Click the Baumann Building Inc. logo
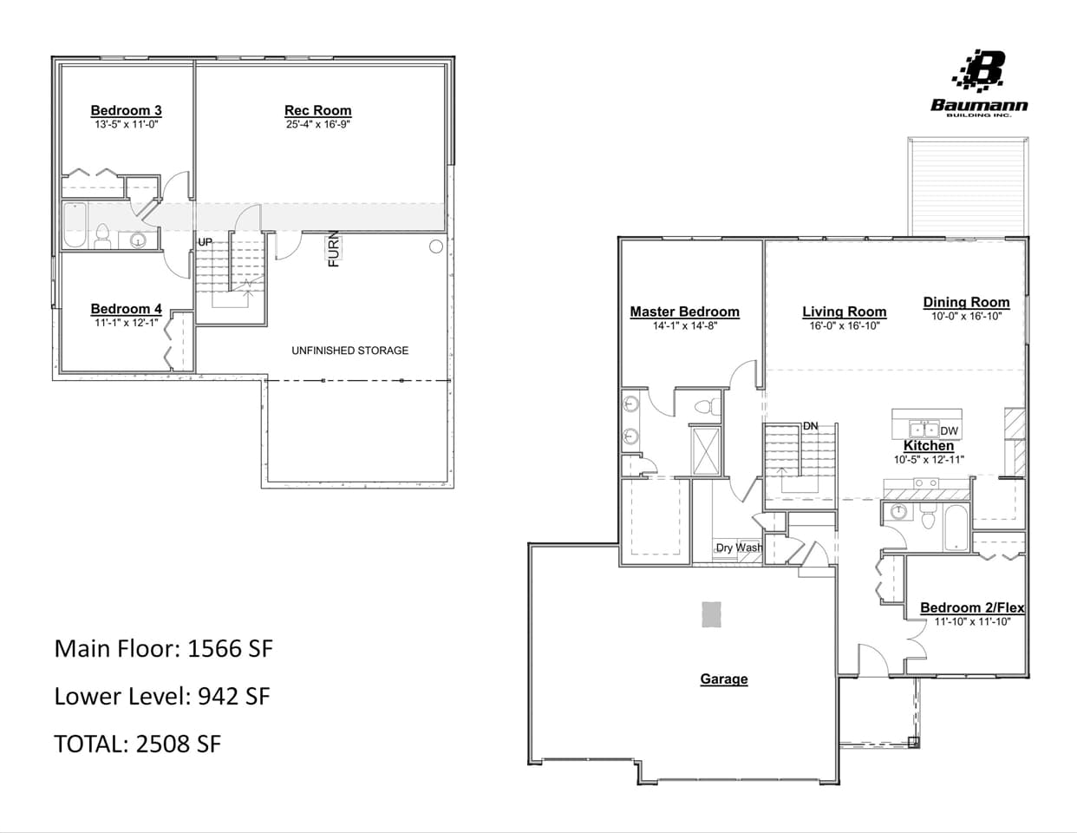[x=979, y=82]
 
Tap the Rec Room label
[x=318, y=110]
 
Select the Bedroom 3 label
[x=126, y=110]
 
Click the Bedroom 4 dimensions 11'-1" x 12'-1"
[x=127, y=323]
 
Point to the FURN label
[x=333, y=250]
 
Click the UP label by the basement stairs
[x=205, y=242]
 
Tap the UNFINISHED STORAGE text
[x=349, y=351]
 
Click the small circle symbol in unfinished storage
[x=436, y=246]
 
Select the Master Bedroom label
[x=684, y=312]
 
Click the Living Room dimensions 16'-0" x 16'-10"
[x=844, y=326]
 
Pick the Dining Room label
[x=966, y=302]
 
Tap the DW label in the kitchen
[x=950, y=431]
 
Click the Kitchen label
[x=929, y=445]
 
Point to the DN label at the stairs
[x=810, y=426]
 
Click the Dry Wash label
[x=739, y=548]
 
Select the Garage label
[x=723, y=679]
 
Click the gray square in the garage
[x=711, y=613]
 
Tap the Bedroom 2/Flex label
[x=971, y=607]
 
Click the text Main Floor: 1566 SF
[x=164, y=648]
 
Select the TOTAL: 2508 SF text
[x=137, y=744]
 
